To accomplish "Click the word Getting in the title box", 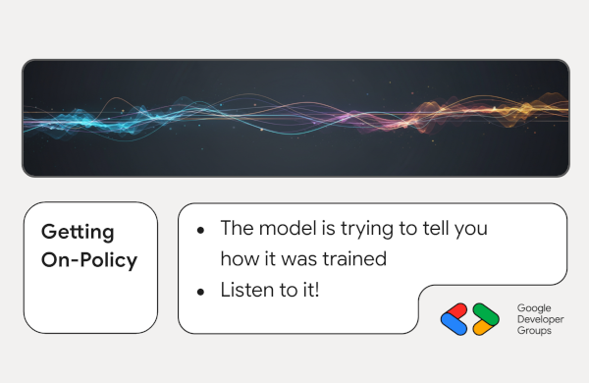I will pyautogui.click(x=78, y=233).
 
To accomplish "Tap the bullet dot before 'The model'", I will pyautogui.click(x=200, y=230).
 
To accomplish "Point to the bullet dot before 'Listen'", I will pyautogui.click(x=200, y=292).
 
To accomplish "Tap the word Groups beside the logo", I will pyautogui.click(x=534, y=332).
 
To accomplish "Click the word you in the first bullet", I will pyautogui.click(x=467, y=229).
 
